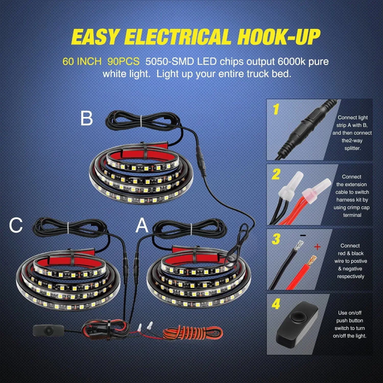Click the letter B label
click(x=86, y=118)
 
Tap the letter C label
click(x=16, y=225)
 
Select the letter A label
click(x=142, y=225)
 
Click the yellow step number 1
click(x=276, y=110)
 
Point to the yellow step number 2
click(x=276, y=174)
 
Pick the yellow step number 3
click(x=276, y=239)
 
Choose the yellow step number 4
click(x=276, y=304)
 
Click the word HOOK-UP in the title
click(x=278, y=37)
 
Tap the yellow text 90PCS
click(x=123, y=62)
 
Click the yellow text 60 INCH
click(x=82, y=62)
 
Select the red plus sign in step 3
click(x=317, y=247)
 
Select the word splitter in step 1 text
click(x=352, y=148)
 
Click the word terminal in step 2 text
click(x=352, y=215)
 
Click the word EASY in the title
click(x=94, y=37)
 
